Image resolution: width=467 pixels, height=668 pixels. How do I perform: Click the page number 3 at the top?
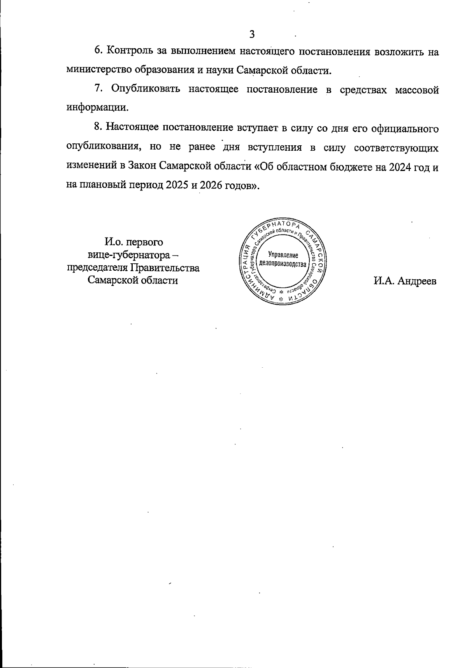coord(252,34)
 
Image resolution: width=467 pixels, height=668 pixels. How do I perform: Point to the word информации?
coord(97,108)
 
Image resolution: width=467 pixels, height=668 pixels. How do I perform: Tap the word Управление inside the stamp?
coord(283,256)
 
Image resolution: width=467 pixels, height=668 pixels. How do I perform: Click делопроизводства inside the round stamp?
coord(283,264)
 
